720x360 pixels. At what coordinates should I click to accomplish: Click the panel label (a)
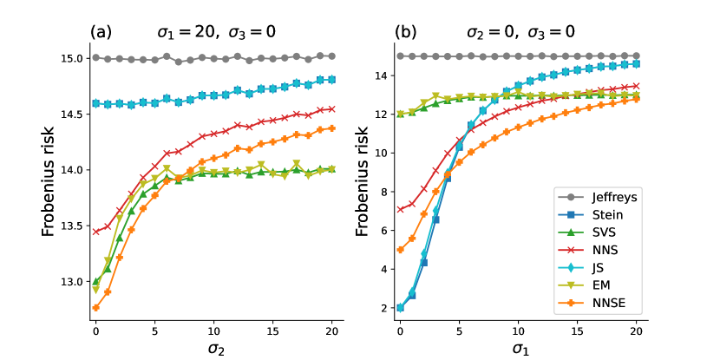click(x=101, y=33)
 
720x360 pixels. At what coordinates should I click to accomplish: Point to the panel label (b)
click(x=406, y=33)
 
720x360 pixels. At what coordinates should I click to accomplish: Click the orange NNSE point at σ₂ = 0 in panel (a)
click(x=95, y=307)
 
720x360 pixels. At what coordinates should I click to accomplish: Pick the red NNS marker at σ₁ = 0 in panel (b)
click(x=400, y=209)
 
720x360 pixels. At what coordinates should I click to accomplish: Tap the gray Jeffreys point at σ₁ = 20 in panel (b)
click(x=636, y=56)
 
